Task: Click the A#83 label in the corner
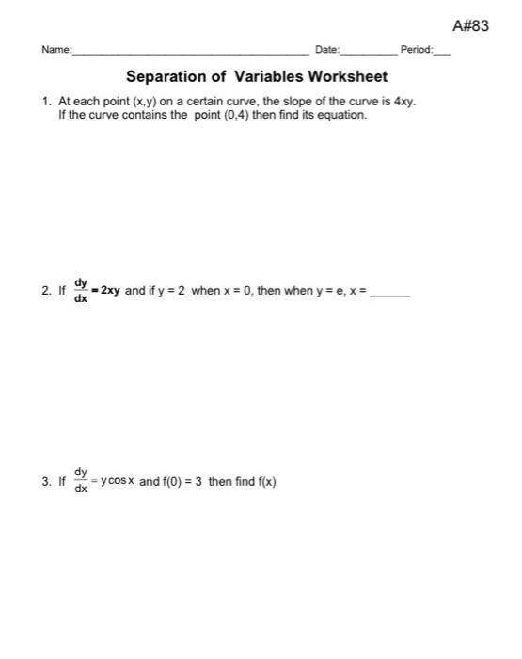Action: point(471,25)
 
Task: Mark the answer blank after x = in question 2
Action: point(390,294)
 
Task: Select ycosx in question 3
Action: point(119,482)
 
